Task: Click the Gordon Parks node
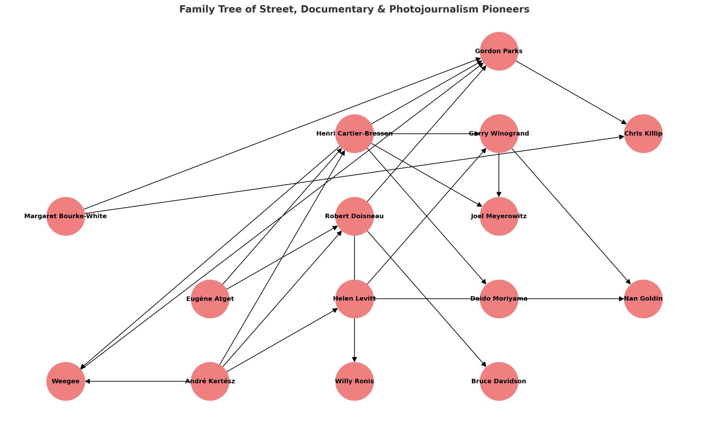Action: pos(499,51)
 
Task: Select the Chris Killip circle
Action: pos(643,133)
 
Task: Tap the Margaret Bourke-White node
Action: pos(66,216)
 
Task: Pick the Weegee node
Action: pos(66,381)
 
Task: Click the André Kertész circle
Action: pos(210,381)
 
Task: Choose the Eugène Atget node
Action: pos(210,299)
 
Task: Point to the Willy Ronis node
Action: pos(354,381)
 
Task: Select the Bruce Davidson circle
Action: pos(499,381)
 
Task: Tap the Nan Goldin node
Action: pos(643,299)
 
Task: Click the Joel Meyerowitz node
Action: pos(499,216)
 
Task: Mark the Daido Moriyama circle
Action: pos(499,299)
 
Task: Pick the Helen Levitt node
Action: pos(354,299)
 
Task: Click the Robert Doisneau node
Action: pos(354,216)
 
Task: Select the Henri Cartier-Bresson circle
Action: pos(354,133)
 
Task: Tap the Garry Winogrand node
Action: pos(499,133)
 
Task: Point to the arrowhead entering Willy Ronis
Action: pos(354,359)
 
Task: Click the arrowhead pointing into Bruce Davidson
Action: pos(484,364)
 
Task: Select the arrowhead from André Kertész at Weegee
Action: pos(88,381)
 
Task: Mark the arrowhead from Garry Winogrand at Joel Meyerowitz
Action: pos(499,194)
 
